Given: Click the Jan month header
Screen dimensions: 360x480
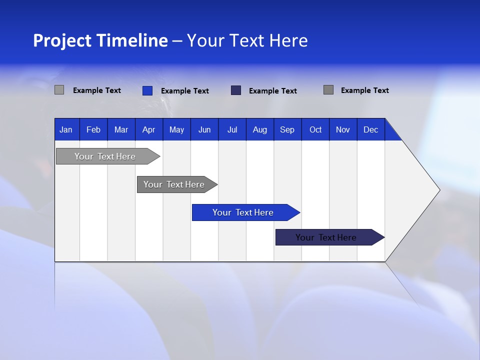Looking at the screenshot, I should [66, 129].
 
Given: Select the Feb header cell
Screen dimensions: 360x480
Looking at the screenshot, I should [93, 129].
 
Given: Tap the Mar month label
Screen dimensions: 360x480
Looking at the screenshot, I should [121, 129].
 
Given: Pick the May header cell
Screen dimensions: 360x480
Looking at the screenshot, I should [176, 129].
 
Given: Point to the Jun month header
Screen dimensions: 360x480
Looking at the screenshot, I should [204, 129].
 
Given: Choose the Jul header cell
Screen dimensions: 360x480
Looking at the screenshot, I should [232, 129].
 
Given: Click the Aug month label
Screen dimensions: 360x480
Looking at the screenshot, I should [260, 129].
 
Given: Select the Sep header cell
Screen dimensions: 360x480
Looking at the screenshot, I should [287, 129].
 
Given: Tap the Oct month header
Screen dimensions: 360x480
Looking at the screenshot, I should [315, 129].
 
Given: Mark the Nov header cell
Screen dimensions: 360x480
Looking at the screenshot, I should [343, 129].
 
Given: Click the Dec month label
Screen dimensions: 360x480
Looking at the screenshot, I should [371, 129].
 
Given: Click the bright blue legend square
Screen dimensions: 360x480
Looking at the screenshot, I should [147, 90].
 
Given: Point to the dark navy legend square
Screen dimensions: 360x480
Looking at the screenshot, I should [236, 90].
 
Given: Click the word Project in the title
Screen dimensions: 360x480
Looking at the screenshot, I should [62, 40].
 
